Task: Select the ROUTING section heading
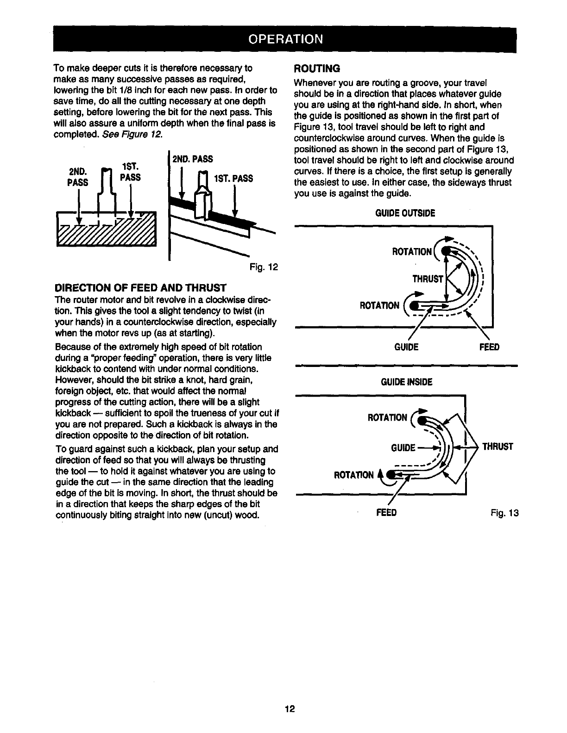tap(317, 68)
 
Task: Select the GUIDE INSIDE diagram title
tap(406, 382)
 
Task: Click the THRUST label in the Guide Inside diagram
tap(498, 447)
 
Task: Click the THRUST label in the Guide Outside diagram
tap(428, 279)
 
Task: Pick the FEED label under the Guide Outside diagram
tap(489, 347)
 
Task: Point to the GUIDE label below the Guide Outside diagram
tap(406, 347)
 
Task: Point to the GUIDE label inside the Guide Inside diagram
tap(403, 448)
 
